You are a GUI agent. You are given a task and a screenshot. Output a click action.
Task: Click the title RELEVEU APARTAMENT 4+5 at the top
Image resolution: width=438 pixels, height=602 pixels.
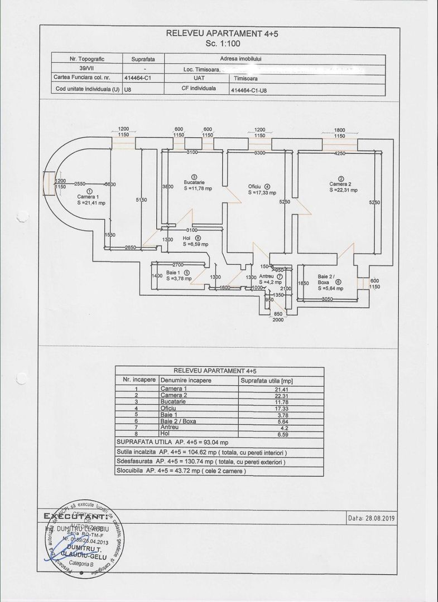[x=222, y=33]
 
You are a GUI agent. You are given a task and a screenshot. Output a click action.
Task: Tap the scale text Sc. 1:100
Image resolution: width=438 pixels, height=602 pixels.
[x=222, y=42]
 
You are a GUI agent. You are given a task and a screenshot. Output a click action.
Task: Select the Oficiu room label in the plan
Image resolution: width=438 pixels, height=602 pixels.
[x=256, y=187]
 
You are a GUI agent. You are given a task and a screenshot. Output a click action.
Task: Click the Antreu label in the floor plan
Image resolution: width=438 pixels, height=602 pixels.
[x=266, y=276]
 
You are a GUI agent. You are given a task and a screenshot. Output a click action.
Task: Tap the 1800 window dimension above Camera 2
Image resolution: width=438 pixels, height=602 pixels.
[x=339, y=130]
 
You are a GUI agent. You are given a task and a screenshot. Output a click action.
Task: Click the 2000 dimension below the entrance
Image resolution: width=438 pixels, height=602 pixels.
[x=277, y=320]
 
